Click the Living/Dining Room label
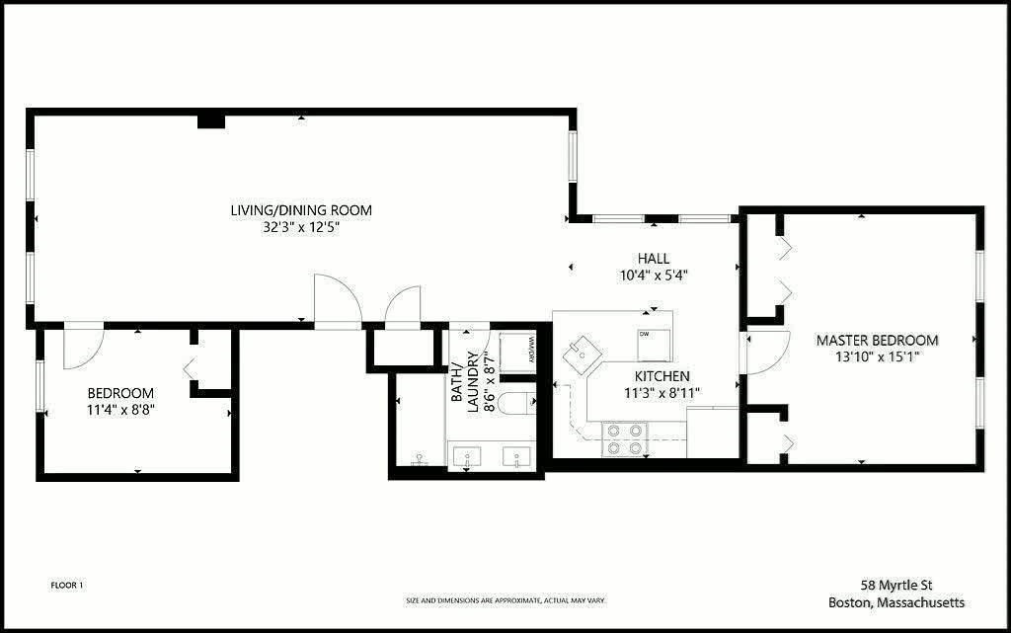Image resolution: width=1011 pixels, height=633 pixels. click(x=301, y=210)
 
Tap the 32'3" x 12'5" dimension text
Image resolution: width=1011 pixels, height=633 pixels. click(x=301, y=227)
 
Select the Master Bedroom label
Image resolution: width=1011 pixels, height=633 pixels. click(x=877, y=341)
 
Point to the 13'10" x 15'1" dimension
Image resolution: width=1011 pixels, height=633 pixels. click(x=877, y=357)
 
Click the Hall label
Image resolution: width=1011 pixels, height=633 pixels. click(x=654, y=259)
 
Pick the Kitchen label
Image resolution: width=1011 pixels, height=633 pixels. click(x=662, y=376)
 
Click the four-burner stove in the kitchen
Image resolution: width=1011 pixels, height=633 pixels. click(x=625, y=439)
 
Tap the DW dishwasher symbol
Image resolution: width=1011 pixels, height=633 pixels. click(x=655, y=345)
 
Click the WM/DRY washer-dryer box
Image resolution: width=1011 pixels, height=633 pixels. click(x=517, y=352)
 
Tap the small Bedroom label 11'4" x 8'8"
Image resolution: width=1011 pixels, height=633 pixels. click(x=120, y=401)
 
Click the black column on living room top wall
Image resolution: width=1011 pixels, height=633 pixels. click(x=211, y=121)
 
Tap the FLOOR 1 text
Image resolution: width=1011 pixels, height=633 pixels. click(x=67, y=586)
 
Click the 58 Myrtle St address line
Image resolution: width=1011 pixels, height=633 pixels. click(x=896, y=586)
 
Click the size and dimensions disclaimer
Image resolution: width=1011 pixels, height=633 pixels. click(x=505, y=600)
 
